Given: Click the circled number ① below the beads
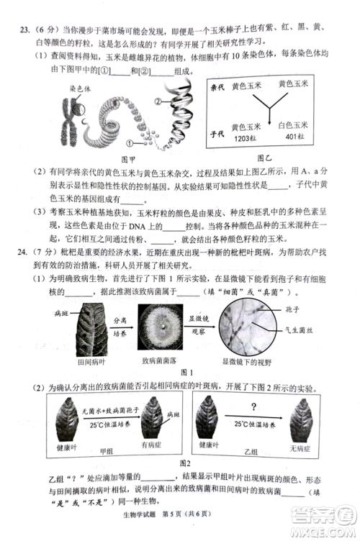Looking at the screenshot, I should click(x=130, y=144).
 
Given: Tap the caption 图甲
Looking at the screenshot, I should click(x=129, y=159).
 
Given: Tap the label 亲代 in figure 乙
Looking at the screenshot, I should click(x=218, y=87).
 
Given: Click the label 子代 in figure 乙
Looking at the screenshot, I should click(x=218, y=134).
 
